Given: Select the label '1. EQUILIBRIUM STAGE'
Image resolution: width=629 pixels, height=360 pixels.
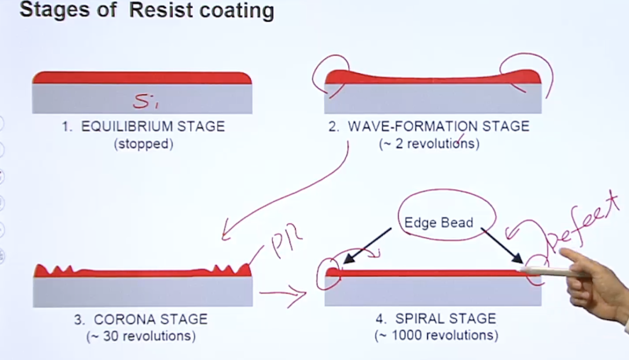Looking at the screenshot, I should coord(143,127).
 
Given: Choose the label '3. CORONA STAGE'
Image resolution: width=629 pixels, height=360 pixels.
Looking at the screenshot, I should coord(143,319).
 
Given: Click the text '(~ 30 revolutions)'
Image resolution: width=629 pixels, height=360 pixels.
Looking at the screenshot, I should coord(143,336).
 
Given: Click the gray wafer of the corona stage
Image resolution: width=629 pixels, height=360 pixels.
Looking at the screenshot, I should coord(143,291).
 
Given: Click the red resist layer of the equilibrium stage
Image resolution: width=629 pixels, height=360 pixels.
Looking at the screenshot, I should coord(142,77).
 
